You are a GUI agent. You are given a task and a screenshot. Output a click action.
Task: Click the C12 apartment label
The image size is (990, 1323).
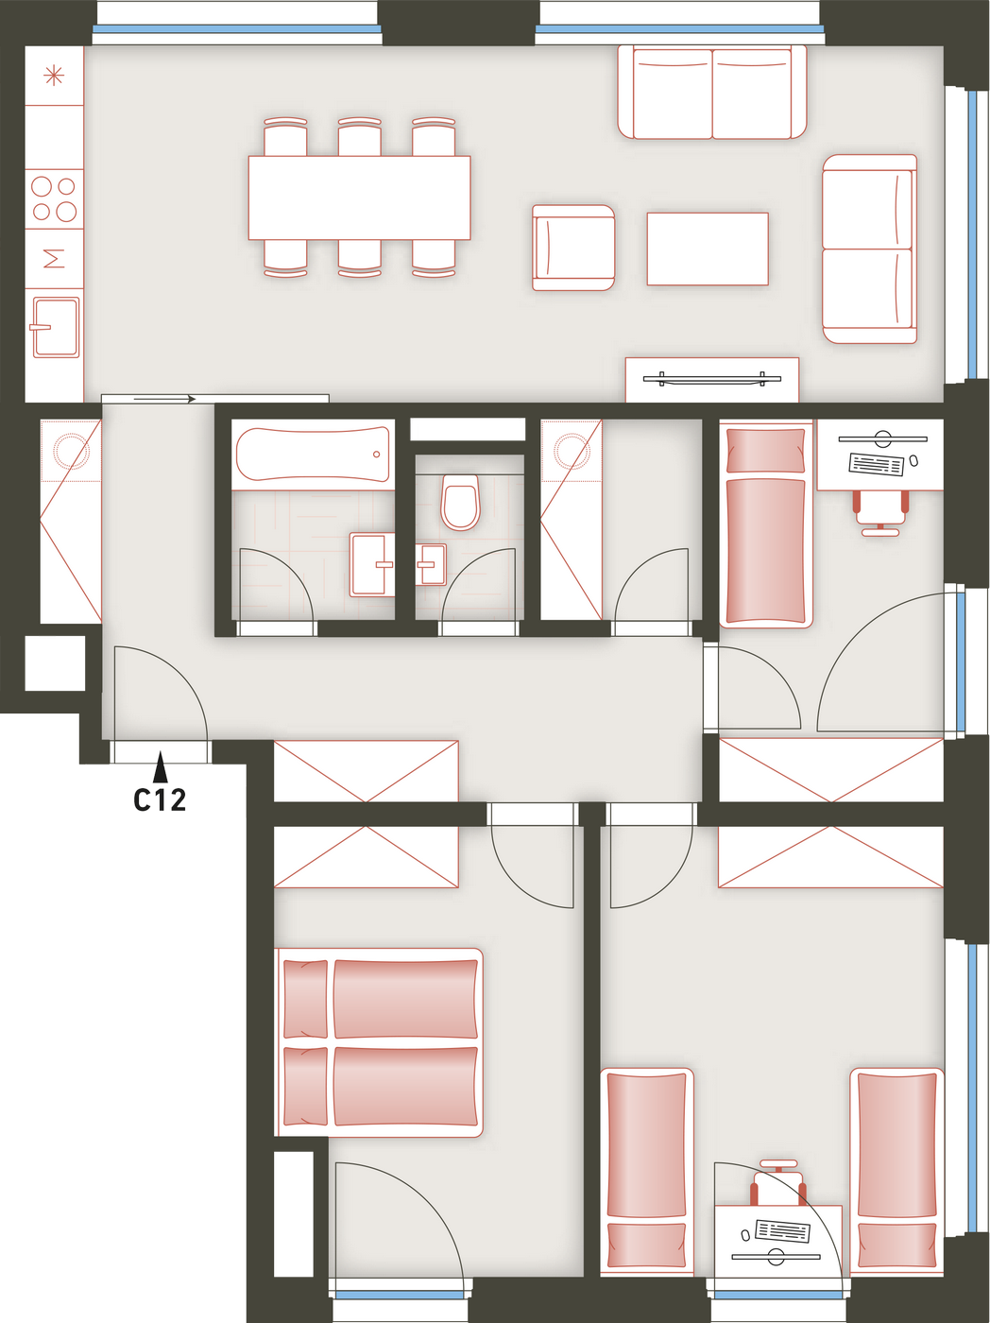pyautogui.click(x=160, y=799)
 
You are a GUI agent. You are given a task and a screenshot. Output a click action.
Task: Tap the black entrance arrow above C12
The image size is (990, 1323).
pyautogui.click(x=160, y=766)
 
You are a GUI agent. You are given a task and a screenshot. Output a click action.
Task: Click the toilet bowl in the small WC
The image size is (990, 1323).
pyautogui.click(x=460, y=502)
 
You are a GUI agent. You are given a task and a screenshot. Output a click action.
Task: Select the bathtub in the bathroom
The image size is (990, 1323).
pyautogui.click(x=313, y=454)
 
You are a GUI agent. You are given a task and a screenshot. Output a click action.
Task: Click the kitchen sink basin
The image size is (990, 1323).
pyautogui.click(x=56, y=327)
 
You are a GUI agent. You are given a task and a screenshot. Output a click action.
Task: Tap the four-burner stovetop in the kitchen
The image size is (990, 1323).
pyautogui.click(x=54, y=198)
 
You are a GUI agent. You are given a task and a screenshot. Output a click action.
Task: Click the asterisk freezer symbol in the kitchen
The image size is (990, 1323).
pyautogui.click(x=54, y=76)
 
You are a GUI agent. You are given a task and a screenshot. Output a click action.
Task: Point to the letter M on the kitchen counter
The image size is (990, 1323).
pyautogui.click(x=55, y=259)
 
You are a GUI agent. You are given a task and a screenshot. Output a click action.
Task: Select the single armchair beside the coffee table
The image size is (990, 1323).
pyautogui.click(x=573, y=248)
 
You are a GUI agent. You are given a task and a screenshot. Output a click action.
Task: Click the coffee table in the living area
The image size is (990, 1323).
pyautogui.click(x=708, y=249)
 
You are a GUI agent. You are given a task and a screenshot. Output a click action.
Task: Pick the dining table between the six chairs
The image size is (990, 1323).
pyautogui.click(x=359, y=198)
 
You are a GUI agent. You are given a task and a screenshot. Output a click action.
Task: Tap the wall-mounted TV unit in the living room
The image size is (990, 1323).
pyautogui.click(x=712, y=380)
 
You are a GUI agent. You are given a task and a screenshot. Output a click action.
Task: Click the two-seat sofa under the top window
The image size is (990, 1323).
pyautogui.click(x=712, y=93)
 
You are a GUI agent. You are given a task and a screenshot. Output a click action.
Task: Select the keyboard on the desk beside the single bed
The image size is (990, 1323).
pyautogui.click(x=877, y=463)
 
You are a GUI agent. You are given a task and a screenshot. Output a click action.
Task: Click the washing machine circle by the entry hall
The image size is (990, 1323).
pyautogui.click(x=71, y=450)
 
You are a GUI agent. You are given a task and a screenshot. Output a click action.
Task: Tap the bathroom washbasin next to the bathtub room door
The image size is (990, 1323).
pyautogui.click(x=372, y=564)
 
